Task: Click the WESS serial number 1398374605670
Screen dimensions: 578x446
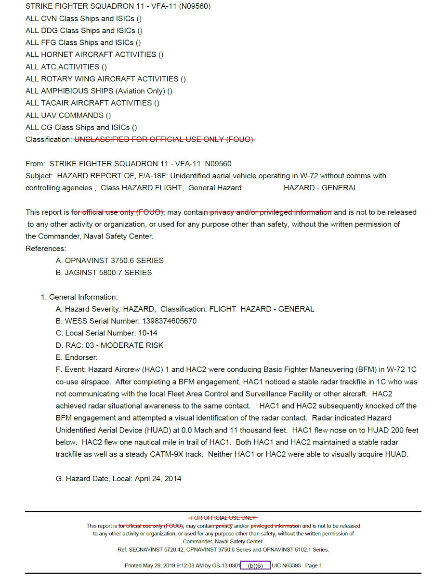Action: pyautogui.click(x=169, y=321)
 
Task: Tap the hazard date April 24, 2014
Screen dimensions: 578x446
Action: pyautogui.click(x=158, y=479)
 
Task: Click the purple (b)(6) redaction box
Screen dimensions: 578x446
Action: pyautogui.click(x=255, y=565)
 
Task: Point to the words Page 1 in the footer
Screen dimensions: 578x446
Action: pyautogui.click(x=314, y=565)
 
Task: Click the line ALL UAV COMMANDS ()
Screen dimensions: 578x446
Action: pyautogui.click(x=68, y=115)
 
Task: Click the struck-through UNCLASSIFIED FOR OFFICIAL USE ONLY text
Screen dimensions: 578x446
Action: pyautogui.click(x=164, y=139)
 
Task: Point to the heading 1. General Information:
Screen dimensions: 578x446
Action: pyautogui.click(x=79, y=297)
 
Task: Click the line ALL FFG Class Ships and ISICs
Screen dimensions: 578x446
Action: pyautogui.click(x=83, y=42)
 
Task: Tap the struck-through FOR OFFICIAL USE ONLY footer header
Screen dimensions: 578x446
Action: pyautogui.click(x=223, y=518)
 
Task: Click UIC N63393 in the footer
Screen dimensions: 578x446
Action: pyautogui.click(x=286, y=565)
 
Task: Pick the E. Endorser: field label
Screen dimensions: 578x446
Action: pyautogui.click(x=77, y=357)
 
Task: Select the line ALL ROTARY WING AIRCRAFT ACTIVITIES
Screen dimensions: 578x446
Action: pyautogui.click(x=105, y=79)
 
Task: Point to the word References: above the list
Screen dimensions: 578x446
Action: pyautogui.click(x=46, y=249)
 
